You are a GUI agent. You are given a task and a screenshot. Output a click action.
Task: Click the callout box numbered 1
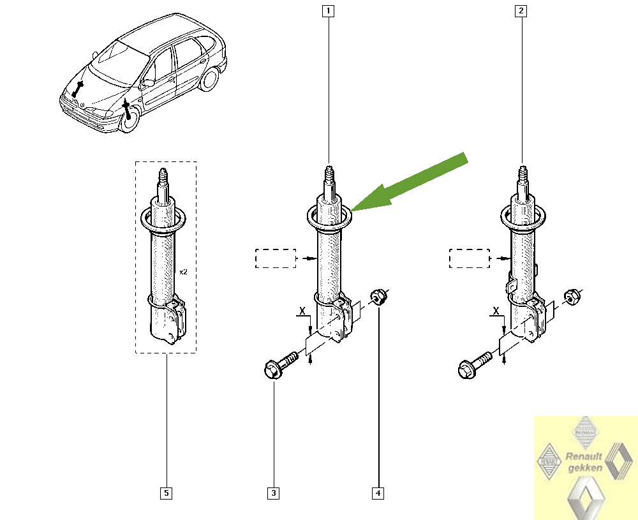pos(329,10)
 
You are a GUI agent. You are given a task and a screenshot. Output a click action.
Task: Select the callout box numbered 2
pos(522,10)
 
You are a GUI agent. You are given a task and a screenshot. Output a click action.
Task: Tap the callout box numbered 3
pos(274,493)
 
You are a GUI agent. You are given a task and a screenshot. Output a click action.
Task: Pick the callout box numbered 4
pos(379,493)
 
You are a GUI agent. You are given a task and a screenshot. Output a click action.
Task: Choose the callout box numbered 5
pos(166,493)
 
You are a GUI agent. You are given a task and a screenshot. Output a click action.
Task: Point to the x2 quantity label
pos(183,272)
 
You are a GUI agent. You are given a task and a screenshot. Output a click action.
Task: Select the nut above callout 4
pos(378,296)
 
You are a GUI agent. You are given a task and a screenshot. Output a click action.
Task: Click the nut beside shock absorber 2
pos(572,296)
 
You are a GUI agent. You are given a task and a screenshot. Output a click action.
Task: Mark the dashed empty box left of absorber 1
pos(276,258)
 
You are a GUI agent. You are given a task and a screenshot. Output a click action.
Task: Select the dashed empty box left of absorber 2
pos(469,258)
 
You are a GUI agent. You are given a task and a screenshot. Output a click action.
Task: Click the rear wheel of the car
pos(209,80)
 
